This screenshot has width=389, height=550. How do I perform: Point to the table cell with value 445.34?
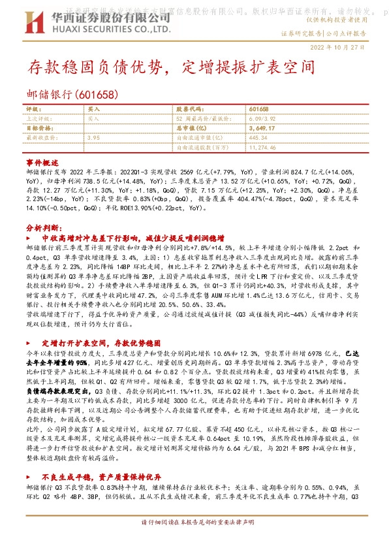pos(258,138)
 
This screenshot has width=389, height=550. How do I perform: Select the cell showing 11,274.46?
pos(263,148)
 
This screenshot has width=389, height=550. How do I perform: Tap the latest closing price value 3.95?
pos(93,138)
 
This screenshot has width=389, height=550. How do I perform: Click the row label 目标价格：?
pos(39,129)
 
